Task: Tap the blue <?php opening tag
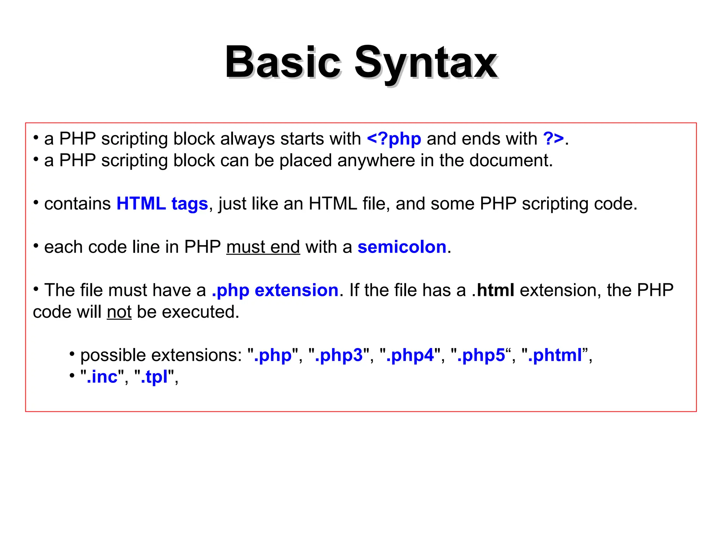coord(394,139)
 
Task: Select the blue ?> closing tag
coord(553,139)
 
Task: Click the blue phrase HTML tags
coord(162,204)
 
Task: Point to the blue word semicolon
coord(402,247)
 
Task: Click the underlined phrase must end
coord(263,247)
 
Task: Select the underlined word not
coord(119,312)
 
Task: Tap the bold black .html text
coord(493,290)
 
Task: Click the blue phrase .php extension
coord(275,291)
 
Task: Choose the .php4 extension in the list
coord(410,355)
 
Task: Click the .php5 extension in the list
coord(481,355)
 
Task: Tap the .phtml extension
coord(555,355)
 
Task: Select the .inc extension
coord(102,377)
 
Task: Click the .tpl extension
coord(154,377)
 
